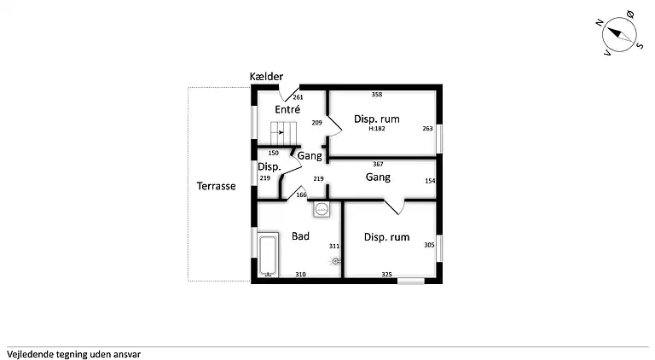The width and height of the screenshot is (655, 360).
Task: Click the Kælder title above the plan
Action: (x=266, y=77)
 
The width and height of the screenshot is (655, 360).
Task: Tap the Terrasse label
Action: (x=217, y=186)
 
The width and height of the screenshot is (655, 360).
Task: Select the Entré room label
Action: (x=287, y=109)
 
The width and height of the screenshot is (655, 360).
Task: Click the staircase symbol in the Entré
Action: (x=283, y=133)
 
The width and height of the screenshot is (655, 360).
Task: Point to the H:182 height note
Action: (x=377, y=129)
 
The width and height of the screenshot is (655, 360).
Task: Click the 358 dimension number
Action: (x=377, y=95)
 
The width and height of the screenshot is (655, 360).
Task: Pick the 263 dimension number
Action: (x=428, y=129)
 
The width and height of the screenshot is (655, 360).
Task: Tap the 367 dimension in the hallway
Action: (x=378, y=164)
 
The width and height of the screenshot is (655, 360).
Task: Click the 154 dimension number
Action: (x=430, y=181)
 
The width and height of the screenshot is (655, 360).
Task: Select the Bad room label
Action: (x=300, y=236)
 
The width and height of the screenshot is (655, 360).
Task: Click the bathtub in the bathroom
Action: (x=268, y=255)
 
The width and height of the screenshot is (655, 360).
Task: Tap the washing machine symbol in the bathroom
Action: (x=322, y=209)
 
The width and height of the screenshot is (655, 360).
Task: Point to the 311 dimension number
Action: (x=334, y=246)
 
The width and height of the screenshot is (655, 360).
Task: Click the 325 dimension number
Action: (x=387, y=275)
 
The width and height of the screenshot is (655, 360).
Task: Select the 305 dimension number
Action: (x=430, y=245)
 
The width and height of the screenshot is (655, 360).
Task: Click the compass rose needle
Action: (x=619, y=34)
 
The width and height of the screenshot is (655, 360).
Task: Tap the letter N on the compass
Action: (x=600, y=22)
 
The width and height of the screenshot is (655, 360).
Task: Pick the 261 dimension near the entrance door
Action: (x=298, y=97)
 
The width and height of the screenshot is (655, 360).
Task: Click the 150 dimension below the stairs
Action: (x=273, y=154)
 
